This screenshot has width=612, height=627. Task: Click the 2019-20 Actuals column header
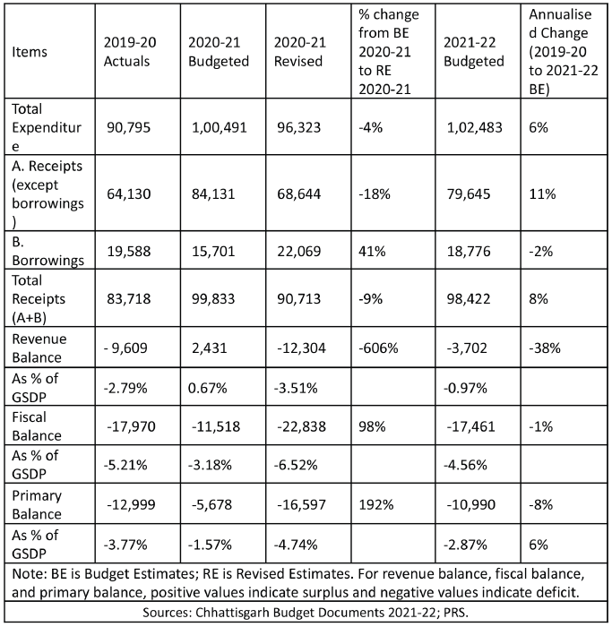(130, 52)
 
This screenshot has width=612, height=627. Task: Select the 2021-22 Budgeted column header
(474, 52)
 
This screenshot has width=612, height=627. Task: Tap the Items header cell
(30, 52)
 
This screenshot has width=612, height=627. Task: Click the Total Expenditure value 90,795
(128, 127)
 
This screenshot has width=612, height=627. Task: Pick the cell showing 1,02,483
(474, 127)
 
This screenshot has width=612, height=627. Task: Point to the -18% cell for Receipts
(375, 194)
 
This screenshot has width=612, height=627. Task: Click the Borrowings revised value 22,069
(298, 251)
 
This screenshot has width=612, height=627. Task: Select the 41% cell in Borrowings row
(372, 251)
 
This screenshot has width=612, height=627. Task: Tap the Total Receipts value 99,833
(213, 298)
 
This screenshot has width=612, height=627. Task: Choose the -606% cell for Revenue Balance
(378, 348)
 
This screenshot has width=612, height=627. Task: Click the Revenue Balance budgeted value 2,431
(209, 348)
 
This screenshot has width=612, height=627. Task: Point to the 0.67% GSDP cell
(208, 388)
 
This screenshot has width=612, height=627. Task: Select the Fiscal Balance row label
(37, 426)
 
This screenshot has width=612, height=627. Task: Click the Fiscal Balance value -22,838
(302, 426)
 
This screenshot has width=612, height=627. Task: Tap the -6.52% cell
(296, 465)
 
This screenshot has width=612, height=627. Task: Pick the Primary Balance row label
(37, 504)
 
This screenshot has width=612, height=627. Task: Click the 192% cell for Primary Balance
(376, 504)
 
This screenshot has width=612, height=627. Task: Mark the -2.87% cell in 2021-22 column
(465, 545)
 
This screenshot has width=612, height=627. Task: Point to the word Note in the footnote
(29, 574)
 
